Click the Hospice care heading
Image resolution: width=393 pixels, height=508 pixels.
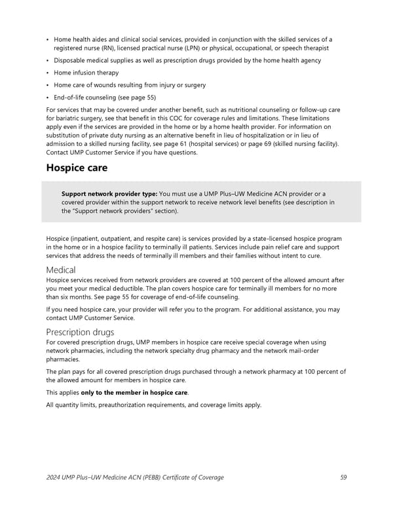click(x=77, y=168)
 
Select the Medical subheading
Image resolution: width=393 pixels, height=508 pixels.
click(x=61, y=270)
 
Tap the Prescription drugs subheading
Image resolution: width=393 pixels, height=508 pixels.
click(x=80, y=332)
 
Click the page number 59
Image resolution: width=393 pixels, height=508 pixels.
click(x=344, y=477)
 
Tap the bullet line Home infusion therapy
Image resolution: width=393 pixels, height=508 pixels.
click(x=86, y=73)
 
